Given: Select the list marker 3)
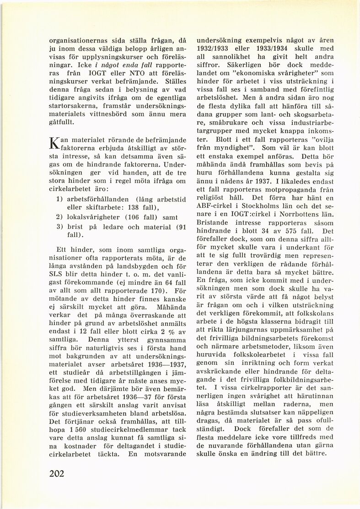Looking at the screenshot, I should coord(60,227).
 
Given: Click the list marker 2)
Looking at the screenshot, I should coord(60,217).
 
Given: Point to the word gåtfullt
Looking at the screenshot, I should coord(60,124).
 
